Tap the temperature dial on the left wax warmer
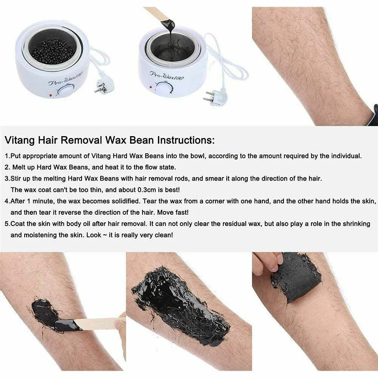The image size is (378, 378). (65, 91)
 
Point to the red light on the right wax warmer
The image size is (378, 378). (151, 87)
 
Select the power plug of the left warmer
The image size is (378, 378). (101, 87)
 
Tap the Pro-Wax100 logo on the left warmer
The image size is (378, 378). (65, 79)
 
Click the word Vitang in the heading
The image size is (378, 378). (20, 140)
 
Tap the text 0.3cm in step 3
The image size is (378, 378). (147, 190)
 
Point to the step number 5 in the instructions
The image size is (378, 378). (7, 224)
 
